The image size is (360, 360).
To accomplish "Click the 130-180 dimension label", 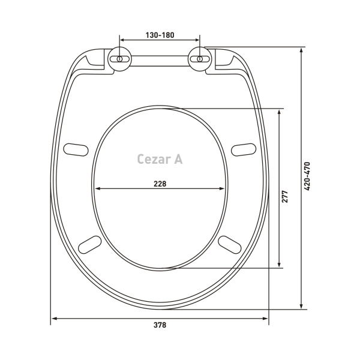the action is [x=160, y=35].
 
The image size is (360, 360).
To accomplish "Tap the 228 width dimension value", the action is [x=160, y=184].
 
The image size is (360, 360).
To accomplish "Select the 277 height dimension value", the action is [x=284, y=196].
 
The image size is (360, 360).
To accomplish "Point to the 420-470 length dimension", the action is [x=307, y=176].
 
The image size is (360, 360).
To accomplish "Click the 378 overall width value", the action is [x=160, y=325].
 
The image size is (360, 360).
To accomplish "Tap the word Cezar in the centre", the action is [x=154, y=159].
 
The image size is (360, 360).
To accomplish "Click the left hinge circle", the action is [x=119, y=59].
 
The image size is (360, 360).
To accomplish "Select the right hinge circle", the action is [x=200, y=59].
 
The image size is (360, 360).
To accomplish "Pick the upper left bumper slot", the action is [x=76, y=149].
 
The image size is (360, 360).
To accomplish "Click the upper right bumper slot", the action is [x=244, y=149].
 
